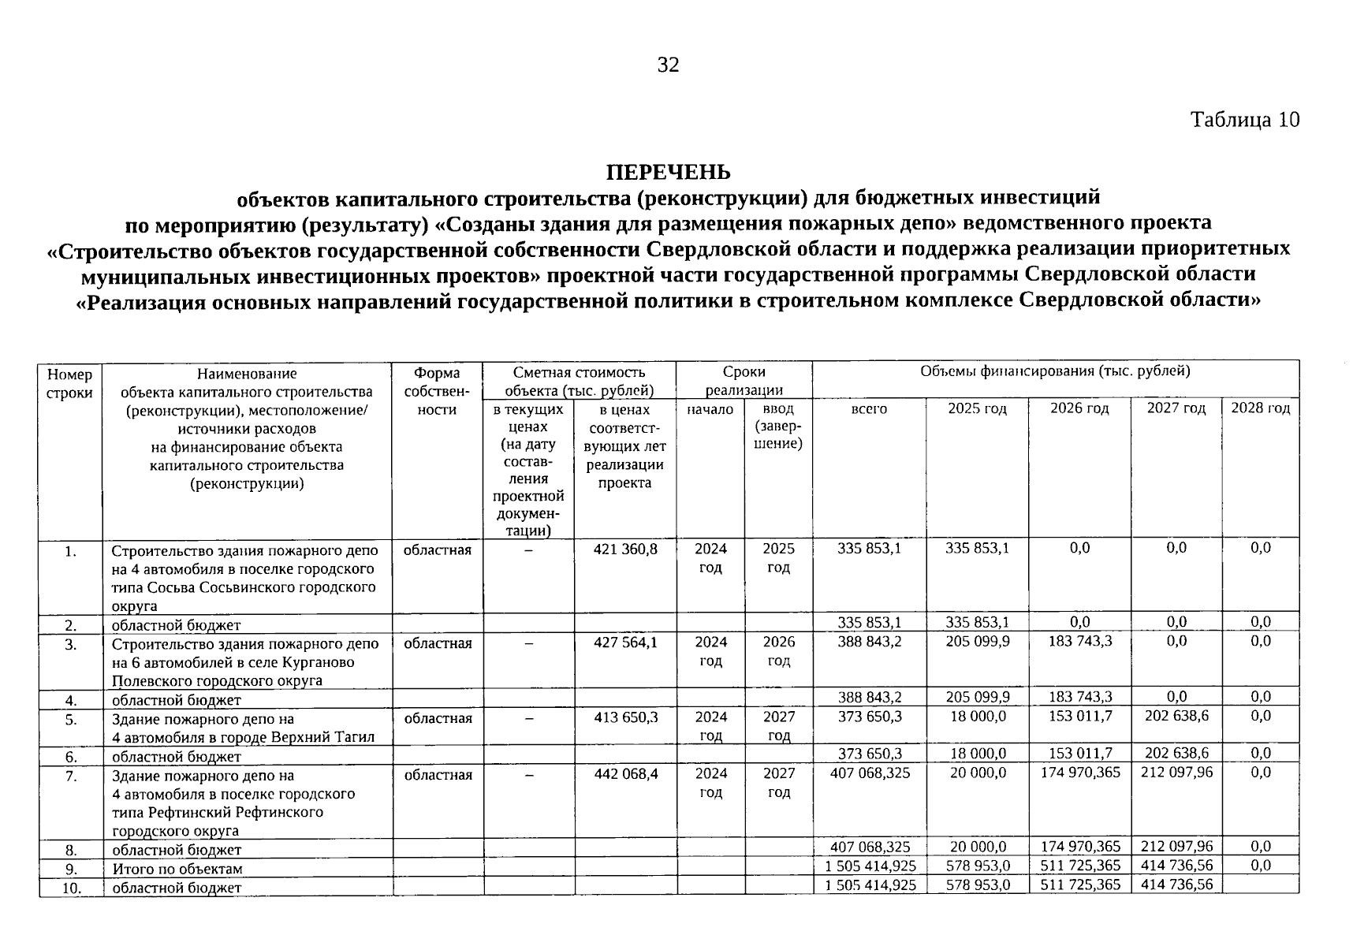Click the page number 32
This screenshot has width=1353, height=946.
pyautogui.click(x=668, y=65)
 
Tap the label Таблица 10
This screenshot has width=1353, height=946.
pyautogui.click(x=1244, y=120)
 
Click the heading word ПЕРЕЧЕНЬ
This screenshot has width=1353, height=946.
pyautogui.click(x=668, y=172)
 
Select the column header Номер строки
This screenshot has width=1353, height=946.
pyautogui.click(x=69, y=382)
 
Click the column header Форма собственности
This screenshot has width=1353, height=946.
pyautogui.click(x=437, y=391)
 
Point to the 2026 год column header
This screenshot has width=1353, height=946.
pyautogui.click(x=1079, y=408)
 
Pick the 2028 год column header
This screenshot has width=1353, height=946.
pyautogui.click(x=1260, y=408)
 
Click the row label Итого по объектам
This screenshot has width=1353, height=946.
pyautogui.click(x=177, y=869)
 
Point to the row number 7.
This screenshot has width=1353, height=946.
pyautogui.click(x=71, y=776)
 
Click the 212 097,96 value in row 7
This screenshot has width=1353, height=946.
pyautogui.click(x=1176, y=773)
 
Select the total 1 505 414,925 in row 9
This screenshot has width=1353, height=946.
pyautogui.click(x=870, y=866)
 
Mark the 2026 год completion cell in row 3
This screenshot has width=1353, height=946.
pyautogui.click(x=778, y=651)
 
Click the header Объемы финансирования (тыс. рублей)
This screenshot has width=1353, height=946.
pyautogui.click(x=1055, y=371)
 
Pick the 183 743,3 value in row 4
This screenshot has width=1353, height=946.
pyautogui.click(x=1079, y=697)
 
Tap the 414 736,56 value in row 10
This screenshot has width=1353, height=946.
pyautogui.click(x=1176, y=885)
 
